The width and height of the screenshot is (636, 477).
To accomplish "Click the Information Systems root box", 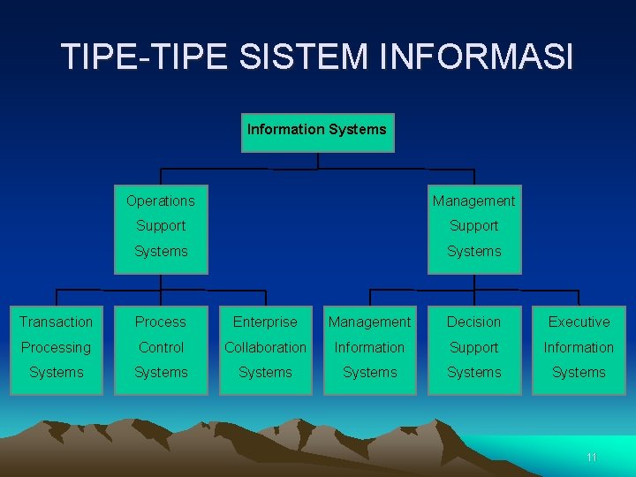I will pyautogui.click(x=317, y=132).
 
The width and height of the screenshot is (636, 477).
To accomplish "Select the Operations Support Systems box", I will pyautogui.click(x=161, y=226).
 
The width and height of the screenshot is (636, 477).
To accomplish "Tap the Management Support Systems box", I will pyautogui.click(x=474, y=226).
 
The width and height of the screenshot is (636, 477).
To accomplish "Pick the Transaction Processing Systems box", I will pyautogui.click(x=56, y=347).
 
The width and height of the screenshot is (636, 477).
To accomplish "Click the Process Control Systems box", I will pyautogui.click(x=161, y=347).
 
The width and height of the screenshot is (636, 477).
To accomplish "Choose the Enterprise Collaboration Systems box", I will pyautogui.click(x=265, y=347).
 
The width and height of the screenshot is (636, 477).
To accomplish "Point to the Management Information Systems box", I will pyautogui.click(x=369, y=347).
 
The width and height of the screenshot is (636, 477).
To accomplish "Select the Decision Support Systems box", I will pyautogui.click(x=474, y=347).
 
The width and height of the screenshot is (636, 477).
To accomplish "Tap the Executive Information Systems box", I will pyautogui.click(x=579, y=347).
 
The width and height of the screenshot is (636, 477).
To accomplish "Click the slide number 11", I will pyautogui.click(x=592, y=458).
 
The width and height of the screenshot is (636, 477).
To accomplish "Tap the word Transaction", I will pyautogui.click(x=56, y=322).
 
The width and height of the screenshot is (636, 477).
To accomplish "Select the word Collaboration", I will pyautogui.click(x=265, y=348).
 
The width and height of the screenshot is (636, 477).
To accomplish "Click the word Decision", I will pyautogui.click(x=474, y=322).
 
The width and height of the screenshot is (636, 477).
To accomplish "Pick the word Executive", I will pyautogui.click(x=579, y=322).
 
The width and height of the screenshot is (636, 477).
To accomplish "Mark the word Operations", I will pyautogui.click(x=161, y=201).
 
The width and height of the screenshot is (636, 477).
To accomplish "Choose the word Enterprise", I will pyautogui.click(x=265, y=322).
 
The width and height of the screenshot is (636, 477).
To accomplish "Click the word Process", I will pyautogui.click(x=161, y=322).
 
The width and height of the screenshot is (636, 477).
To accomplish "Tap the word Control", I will pyautogui.click(x=161, y=348).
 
